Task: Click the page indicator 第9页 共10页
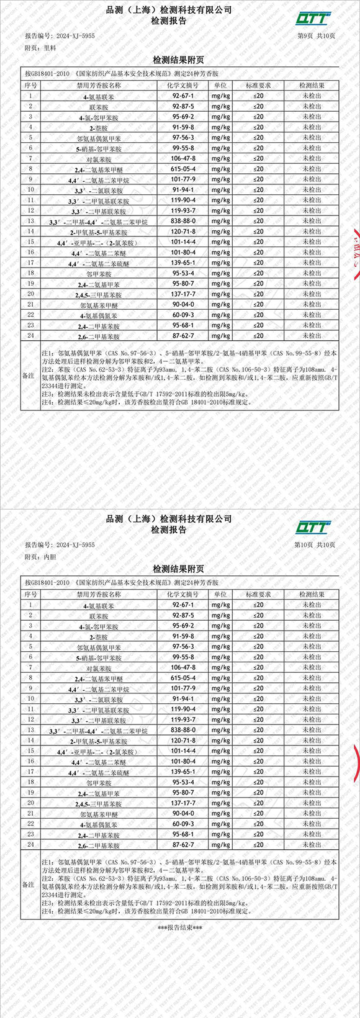[x=317, y=36]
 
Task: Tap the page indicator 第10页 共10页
[x=315, y=545]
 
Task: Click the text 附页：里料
[x=40, y=47]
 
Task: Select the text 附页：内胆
[x=40, y=557]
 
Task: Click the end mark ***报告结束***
[x=179, y=928]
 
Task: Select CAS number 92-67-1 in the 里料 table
[x=183, y=96]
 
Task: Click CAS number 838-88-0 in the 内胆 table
[x=183, y=730]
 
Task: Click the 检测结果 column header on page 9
[x=312, y=85]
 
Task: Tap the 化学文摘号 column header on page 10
[x=183, y=594]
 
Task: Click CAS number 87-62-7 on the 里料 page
[x=183, y=336]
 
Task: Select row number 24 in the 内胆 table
[x=30, y=845]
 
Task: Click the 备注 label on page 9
[x=29, y=376]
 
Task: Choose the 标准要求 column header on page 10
[x=258, y=594]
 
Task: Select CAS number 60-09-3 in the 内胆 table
[x=183, y=824]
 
